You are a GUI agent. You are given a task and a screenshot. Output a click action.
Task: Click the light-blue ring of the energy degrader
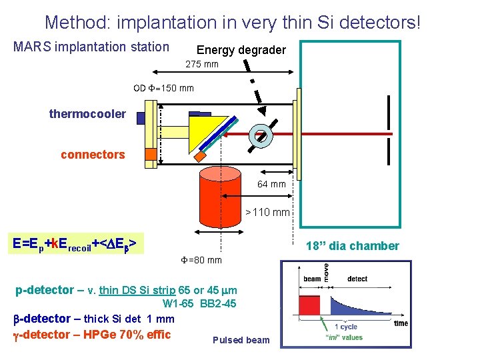click(x=259, y=135)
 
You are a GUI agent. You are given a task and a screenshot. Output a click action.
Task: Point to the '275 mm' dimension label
click(x=201, y=65)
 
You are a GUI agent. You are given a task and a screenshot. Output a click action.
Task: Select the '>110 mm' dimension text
click(x=267, y=213)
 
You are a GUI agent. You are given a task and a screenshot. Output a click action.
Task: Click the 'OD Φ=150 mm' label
click(x=163, y=88)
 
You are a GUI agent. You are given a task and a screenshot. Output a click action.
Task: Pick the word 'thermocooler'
click(x=87, y=114)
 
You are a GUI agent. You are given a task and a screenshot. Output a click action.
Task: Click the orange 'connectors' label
click(x=93, y=155)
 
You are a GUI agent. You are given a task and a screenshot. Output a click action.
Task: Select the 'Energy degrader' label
click(x=241, y=50)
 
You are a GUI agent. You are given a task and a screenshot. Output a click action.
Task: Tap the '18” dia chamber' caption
click(x=352, y=246)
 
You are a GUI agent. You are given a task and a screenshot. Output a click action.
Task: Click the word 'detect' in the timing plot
click(x=357, y=279)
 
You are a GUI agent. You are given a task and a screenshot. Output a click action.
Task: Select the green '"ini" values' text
click(x=344, y=337)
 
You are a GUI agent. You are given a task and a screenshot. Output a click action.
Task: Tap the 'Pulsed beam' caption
click(x=241, y=340)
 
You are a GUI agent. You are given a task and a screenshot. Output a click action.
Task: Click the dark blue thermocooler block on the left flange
click(x=141, y=118)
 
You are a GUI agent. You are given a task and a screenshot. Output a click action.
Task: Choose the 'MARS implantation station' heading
click(x=91, y=47)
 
